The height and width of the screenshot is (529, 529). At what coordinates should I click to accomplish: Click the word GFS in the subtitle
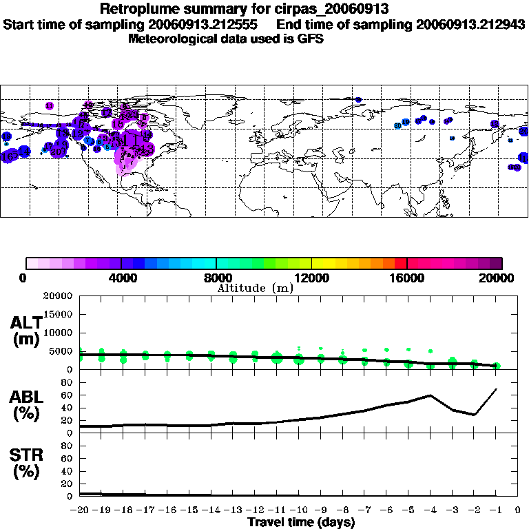click(311, 39)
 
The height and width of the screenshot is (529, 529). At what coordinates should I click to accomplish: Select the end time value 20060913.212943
click(471, 24)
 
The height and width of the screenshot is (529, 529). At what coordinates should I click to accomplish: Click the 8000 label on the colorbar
click(216, 278)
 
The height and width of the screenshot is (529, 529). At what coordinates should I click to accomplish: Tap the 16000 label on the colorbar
click(407, 278)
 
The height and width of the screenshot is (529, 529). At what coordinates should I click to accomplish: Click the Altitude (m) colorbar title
click(255, 288)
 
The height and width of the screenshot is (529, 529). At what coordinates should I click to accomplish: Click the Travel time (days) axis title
click(301, 523)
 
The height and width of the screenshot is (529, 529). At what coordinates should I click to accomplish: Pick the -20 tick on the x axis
click(80, 510)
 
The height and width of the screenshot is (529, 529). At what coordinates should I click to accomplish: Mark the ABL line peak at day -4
click(431, 395)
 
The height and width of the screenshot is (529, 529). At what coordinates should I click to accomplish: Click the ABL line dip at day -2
click(474, 415)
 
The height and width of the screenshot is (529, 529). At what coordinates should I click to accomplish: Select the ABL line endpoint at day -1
click(496, 389)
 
